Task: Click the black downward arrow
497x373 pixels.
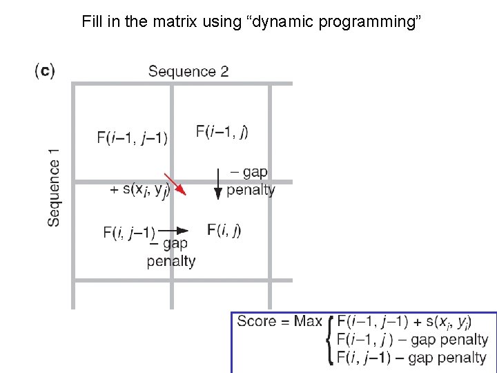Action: pos(217,182)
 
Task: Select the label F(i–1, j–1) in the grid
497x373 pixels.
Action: pos(133,137)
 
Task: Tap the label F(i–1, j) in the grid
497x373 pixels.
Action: pos(222,131)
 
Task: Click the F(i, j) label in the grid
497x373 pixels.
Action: pos(224,230)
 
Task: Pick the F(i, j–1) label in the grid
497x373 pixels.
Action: pos(130,232)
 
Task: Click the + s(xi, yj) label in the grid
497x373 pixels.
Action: pos(140,189)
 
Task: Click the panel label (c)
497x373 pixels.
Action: pos(44,70)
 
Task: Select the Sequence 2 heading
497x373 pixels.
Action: pos(188,71)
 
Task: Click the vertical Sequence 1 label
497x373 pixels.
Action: pos(54,186)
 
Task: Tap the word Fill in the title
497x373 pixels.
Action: pos(92,21)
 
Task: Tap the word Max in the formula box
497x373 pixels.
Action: pos(308,321)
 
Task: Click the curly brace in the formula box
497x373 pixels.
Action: pos(331,339)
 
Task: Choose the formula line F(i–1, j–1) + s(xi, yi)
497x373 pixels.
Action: pos(404,322)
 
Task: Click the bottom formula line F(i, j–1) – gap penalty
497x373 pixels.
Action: pos(411,358)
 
